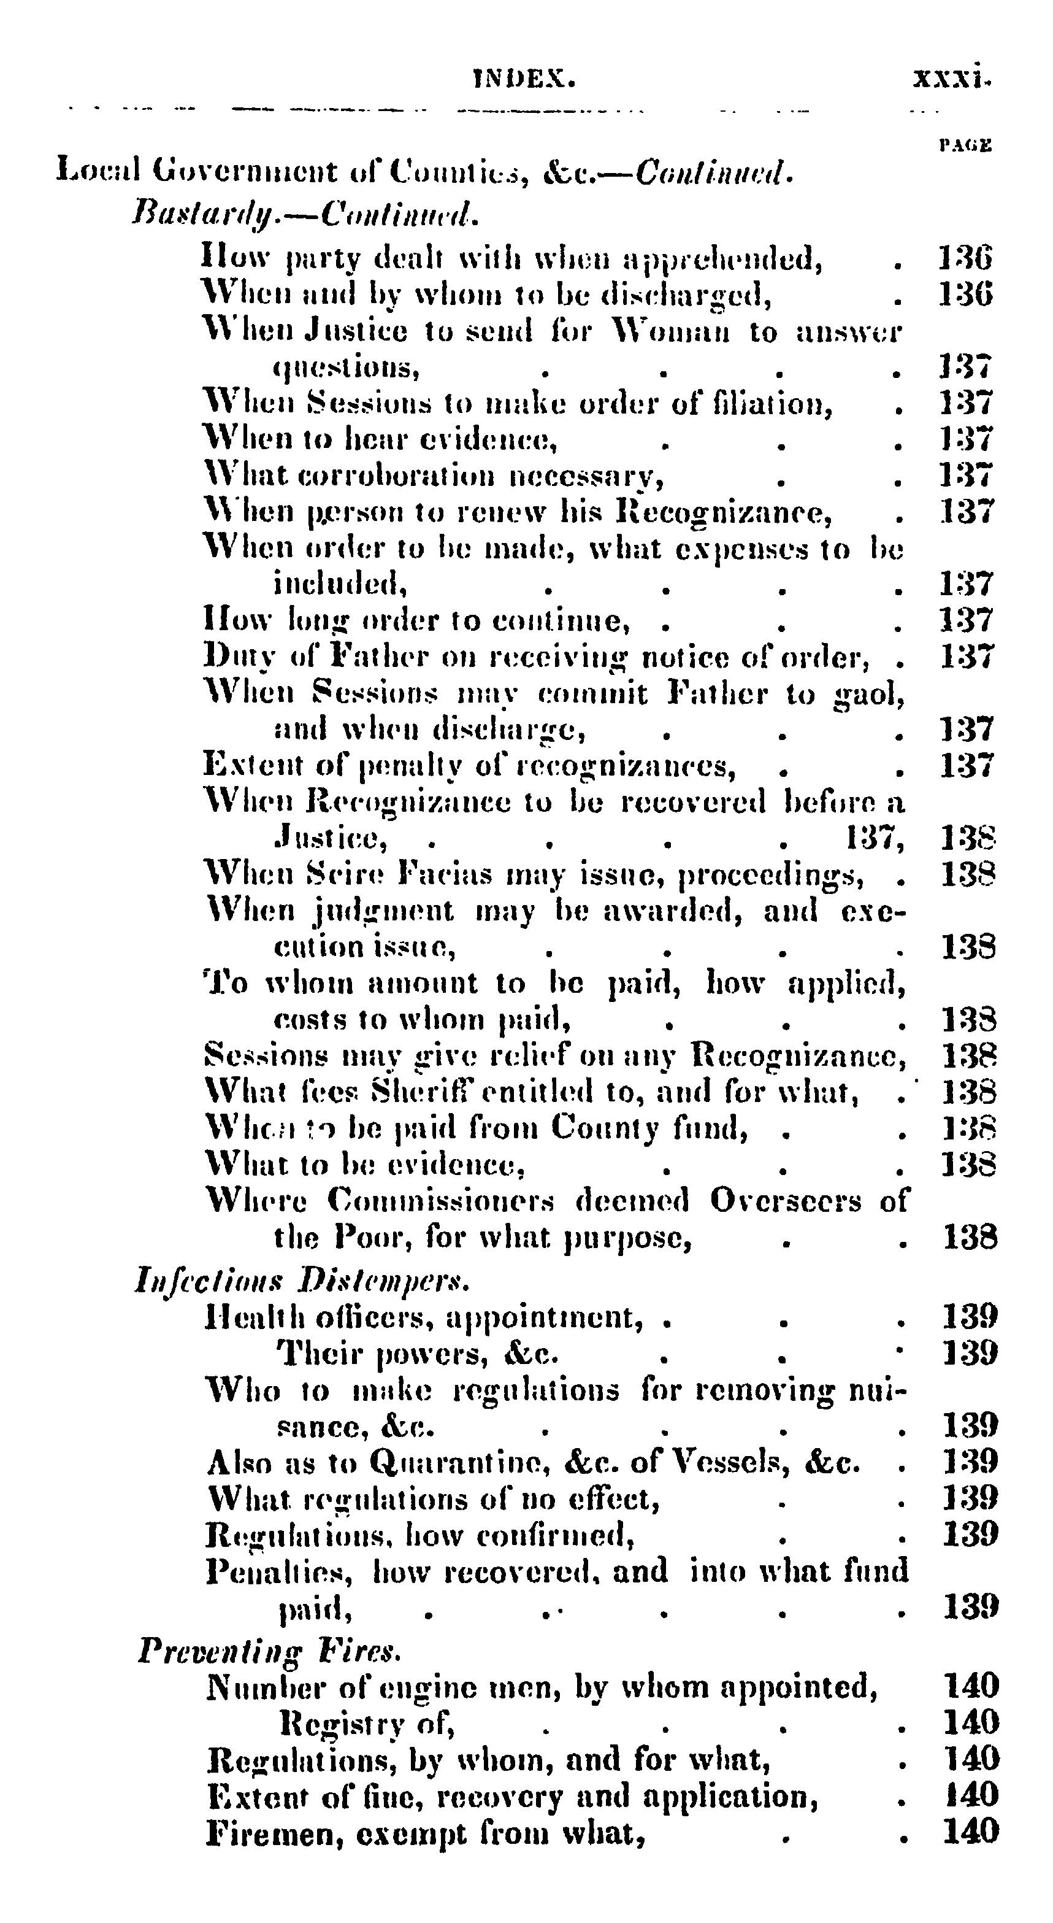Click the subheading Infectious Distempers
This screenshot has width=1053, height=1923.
tap(302, 1280)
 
